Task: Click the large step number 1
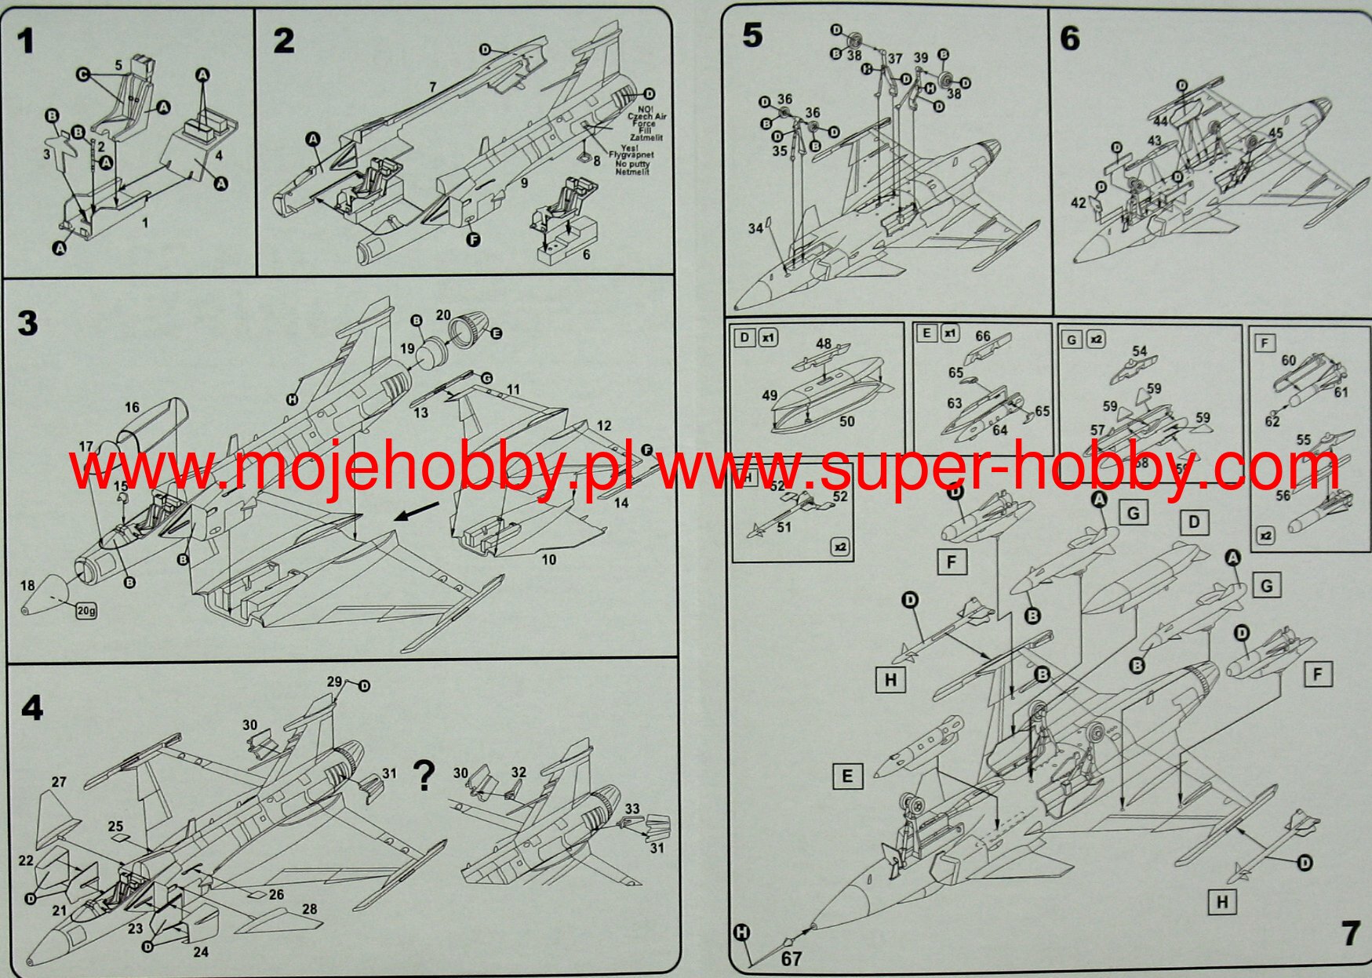tap(26, 42)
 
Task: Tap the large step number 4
tap(31, 708)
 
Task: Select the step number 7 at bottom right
tap(1350, 933)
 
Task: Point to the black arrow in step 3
tap(416, 511)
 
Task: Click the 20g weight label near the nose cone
tap(86, 610)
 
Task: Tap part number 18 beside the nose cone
tap(28, 586)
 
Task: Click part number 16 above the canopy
tap(132, 407)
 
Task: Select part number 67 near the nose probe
tap(792, 958)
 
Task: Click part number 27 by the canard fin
tap(59, 782)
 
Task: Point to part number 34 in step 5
tap(755, 228)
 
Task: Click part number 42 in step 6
tap(1079, 203)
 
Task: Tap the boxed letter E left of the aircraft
tap(846, 776)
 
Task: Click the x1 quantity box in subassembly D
tap(769, 338)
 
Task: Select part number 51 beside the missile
tap(784, 527)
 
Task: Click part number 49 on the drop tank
tap(769, 395)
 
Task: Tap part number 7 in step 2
tap(432, 87)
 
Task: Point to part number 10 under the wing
tap(548, 559)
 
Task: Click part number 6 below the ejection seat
tap(586, 254)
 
